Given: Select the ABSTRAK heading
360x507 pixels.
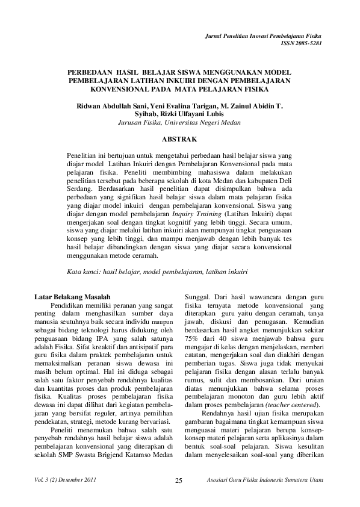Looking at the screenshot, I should click(180, 139).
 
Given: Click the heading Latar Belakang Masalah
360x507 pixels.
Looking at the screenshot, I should click(72, 297).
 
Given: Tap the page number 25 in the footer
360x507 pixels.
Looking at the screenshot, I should click(179, 480).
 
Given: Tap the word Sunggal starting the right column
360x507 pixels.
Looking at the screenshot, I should click(197, 297).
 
